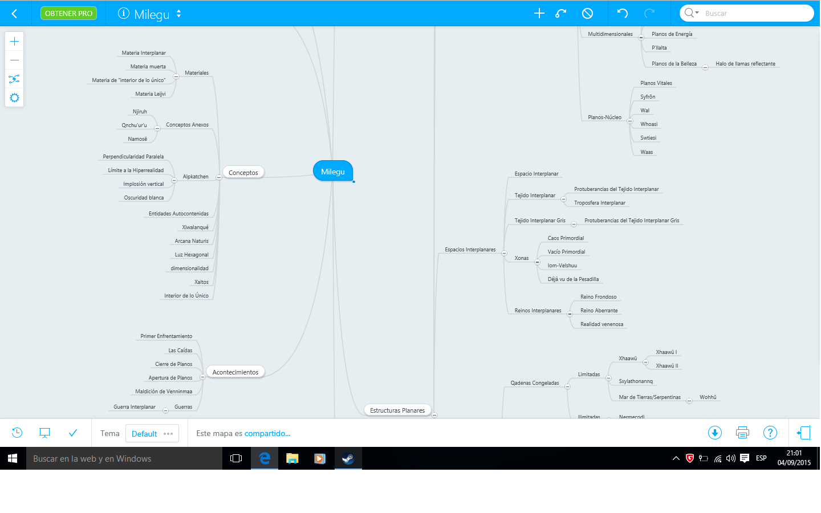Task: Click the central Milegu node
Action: [333, 171]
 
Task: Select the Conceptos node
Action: [243, 172]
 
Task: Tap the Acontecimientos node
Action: [235, 372]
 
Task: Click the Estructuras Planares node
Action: [397, 410]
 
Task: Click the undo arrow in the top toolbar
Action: [623, 14]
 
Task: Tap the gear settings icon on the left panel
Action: [14, 98]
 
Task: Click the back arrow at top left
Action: [15, 14]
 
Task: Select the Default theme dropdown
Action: [152, 433]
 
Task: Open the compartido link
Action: [267, 433]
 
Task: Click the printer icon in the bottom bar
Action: [742, 433]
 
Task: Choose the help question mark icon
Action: [770, 433]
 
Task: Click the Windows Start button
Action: [13, 458]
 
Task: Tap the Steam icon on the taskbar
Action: [348, 458]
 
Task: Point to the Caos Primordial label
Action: [566, 238]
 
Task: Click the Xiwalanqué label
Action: [195, 227]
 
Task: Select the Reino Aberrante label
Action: [599, 310]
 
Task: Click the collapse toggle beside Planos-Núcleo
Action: [629, 121]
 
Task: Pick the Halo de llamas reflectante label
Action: [745, 63]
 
